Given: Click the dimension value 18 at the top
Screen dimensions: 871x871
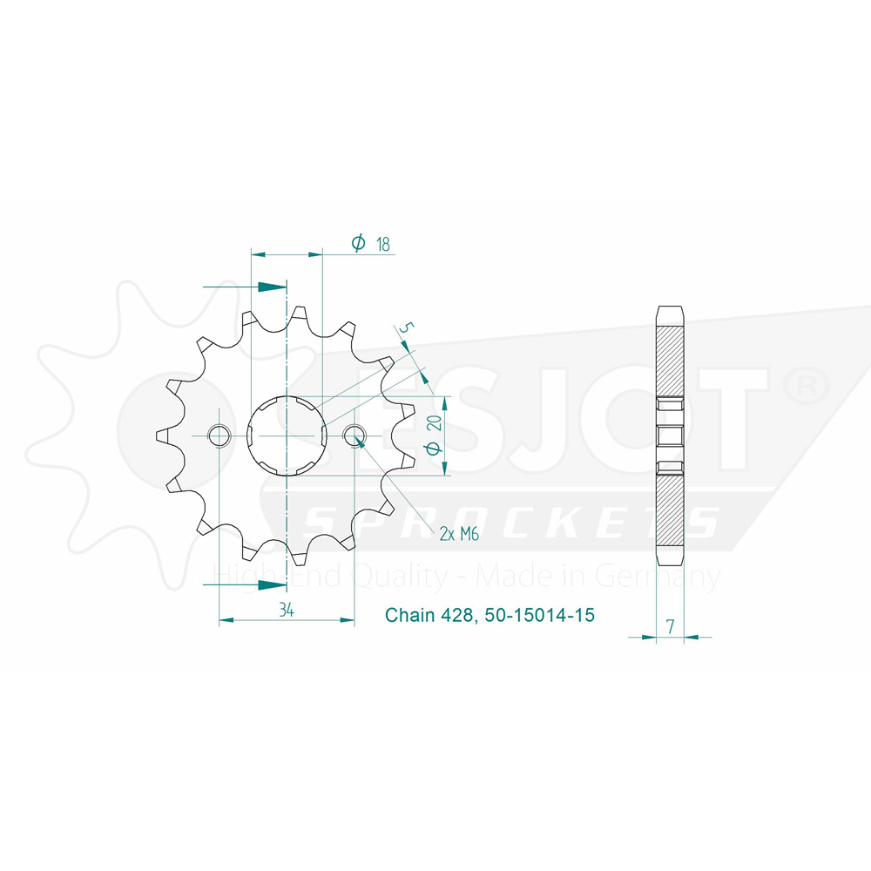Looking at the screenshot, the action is pyautogui.click(x=382, y=244).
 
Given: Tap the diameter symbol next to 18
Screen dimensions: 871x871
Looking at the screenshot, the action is pyautogui.click(x=358, y=242).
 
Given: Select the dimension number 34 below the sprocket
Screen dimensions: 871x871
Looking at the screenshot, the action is pyautogui.click(x=287, y=610).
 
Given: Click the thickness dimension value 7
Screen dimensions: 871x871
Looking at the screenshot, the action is pyautogui.click(x=671, y=626).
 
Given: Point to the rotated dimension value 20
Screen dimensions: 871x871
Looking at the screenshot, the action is pyautogui.click(x=435, y=422).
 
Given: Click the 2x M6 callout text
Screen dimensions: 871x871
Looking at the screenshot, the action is pyautogui.click(x=459, y=534).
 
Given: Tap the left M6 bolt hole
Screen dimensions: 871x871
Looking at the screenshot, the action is pyautogui.click(x=219, y=436).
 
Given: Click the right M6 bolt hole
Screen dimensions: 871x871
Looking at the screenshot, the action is pyautogui.click(x=354, y=436).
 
